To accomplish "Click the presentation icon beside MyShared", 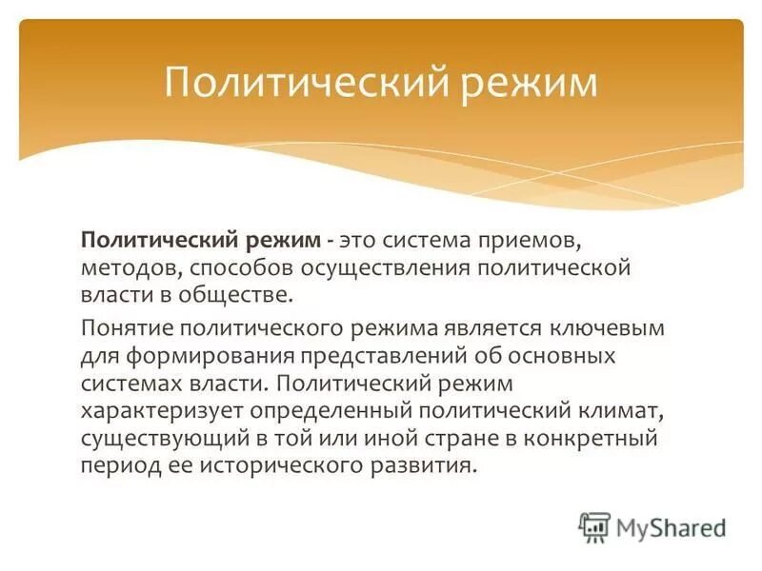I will (x=594, y=526).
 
